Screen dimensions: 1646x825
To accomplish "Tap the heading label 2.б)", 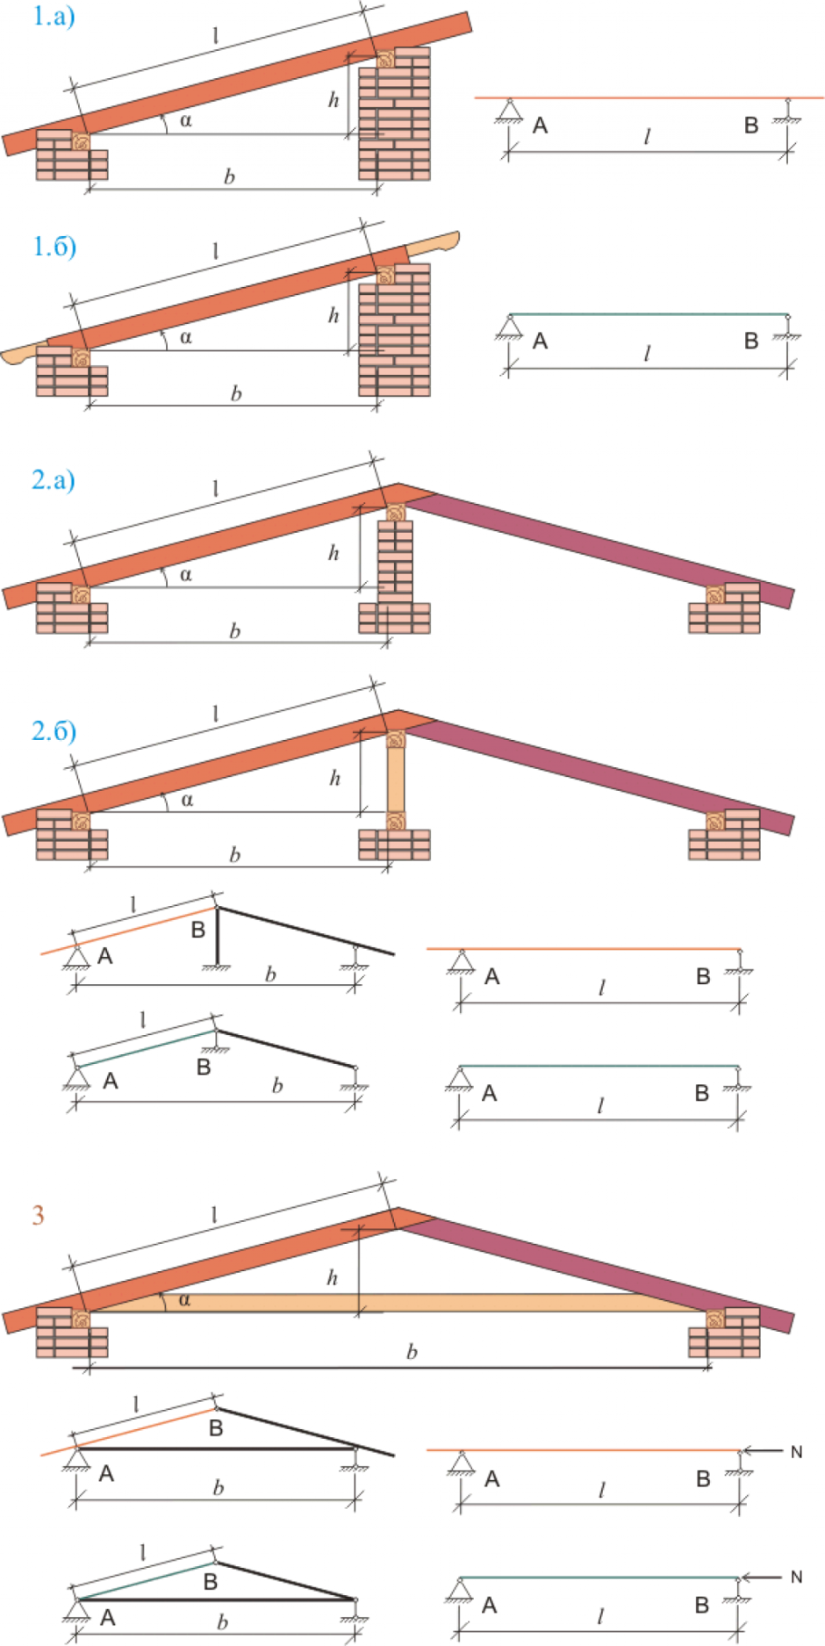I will [54, 730].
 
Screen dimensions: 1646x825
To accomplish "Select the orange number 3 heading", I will [38, 1215].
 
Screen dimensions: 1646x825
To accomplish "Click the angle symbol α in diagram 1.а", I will [185, 120].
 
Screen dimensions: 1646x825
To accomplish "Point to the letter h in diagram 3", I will [332, 1277].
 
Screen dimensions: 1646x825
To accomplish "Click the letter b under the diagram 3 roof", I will [412, 1352].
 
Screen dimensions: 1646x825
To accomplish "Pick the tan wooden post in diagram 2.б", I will [396, 780].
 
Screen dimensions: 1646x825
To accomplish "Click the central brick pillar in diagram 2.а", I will [395, 562].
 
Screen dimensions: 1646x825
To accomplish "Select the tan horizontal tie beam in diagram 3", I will [395, 1302].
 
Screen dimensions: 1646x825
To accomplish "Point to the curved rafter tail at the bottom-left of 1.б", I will [19, 356].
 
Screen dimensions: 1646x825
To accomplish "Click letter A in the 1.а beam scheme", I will [540, 126].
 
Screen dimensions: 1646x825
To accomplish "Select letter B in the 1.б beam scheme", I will [751, 341].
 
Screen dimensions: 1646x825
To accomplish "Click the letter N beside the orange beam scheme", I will [796, 1452].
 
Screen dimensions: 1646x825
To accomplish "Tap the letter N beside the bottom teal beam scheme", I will [796, 1577].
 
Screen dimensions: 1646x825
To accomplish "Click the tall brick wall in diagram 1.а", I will [395, 114].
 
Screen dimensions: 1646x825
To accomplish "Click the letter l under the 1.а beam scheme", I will [648, 137].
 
